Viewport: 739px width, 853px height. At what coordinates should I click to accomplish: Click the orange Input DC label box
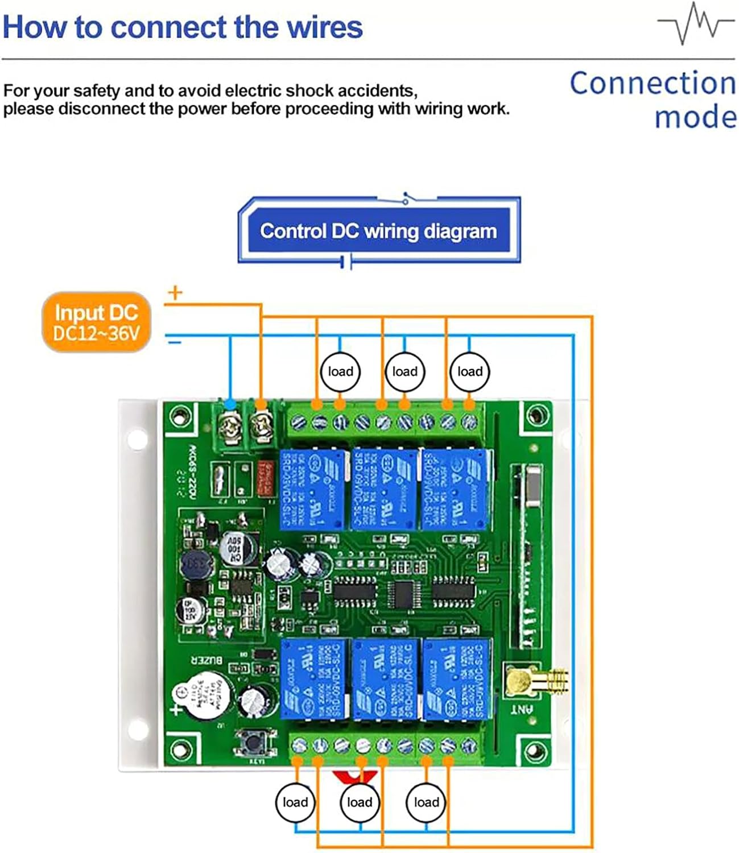[96, 322]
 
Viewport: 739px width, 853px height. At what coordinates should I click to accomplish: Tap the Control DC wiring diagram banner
[378, 231]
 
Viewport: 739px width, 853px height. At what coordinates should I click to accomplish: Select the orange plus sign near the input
[175, 293]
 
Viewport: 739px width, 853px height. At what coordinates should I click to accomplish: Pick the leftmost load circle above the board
[340, 371]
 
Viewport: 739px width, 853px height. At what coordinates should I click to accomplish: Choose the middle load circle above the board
[404, 371]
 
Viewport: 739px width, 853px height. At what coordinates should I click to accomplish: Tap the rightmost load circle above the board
[469, 371]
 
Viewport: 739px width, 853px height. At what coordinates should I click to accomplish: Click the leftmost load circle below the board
[295, 802]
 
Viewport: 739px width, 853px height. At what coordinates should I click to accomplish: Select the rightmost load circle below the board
[426, 802]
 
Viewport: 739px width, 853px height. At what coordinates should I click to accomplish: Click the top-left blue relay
[312, 489]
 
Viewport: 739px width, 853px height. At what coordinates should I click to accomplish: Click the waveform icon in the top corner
[695, 23]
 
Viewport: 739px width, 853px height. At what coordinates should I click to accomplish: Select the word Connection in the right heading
[653, 83]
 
